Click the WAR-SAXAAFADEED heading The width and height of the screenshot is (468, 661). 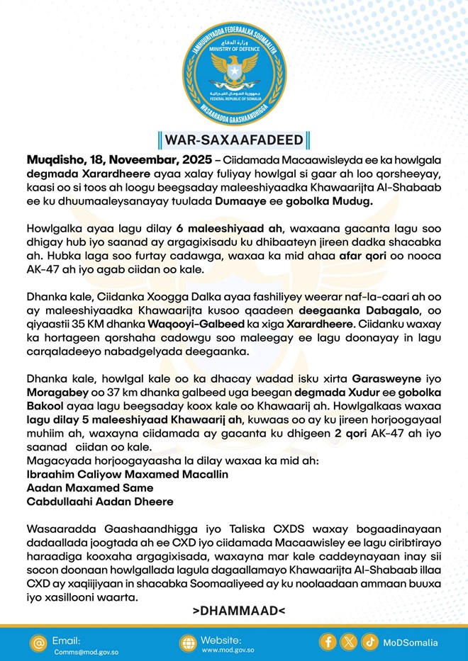point(234,137)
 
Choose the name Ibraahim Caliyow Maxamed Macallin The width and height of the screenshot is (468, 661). point(127,474)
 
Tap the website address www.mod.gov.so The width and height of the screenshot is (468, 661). point(228,650)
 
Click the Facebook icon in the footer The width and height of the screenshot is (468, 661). point(328,643)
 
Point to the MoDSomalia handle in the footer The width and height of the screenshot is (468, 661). point(410,643)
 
